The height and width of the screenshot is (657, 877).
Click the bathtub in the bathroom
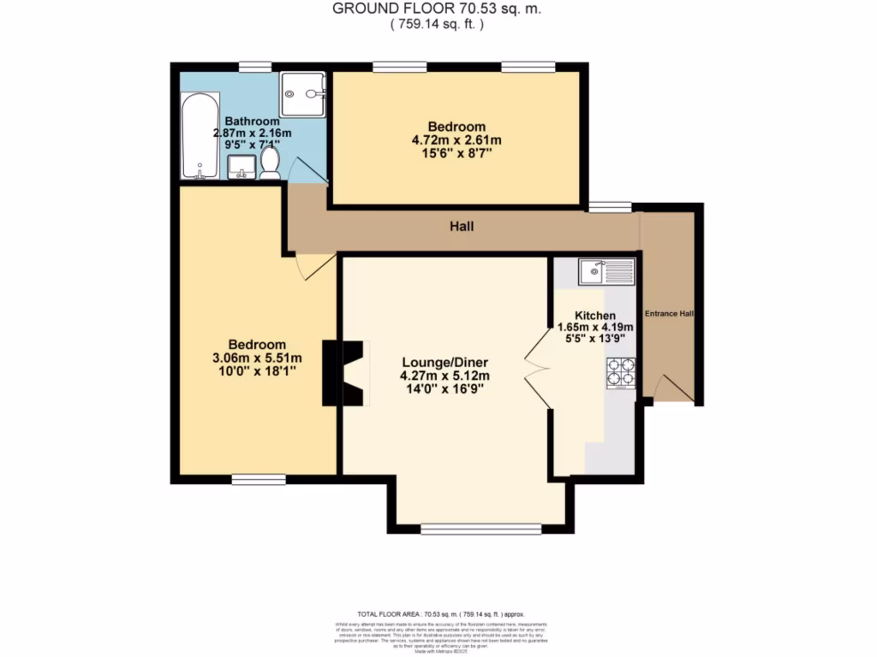(x=198, y=135)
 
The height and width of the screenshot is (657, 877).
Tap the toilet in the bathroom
(x=270, y=163)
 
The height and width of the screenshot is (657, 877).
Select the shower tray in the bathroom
(x=303, y=93)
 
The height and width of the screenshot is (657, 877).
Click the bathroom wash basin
(x=243, y=167)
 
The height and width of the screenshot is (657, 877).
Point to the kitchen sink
(x=605, y=273)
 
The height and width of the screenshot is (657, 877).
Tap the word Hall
(x=462, y=227)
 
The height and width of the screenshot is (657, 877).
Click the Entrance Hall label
(x=669, y=314)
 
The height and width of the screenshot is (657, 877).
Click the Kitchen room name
(x=595, y=314)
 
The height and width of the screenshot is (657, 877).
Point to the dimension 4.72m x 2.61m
(x=456, y=140)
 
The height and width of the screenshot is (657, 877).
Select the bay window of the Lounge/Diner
(x=480, y=529)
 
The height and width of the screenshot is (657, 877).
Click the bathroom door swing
(x=308, y=172)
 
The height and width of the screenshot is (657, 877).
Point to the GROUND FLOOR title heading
(x=437, y=9)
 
